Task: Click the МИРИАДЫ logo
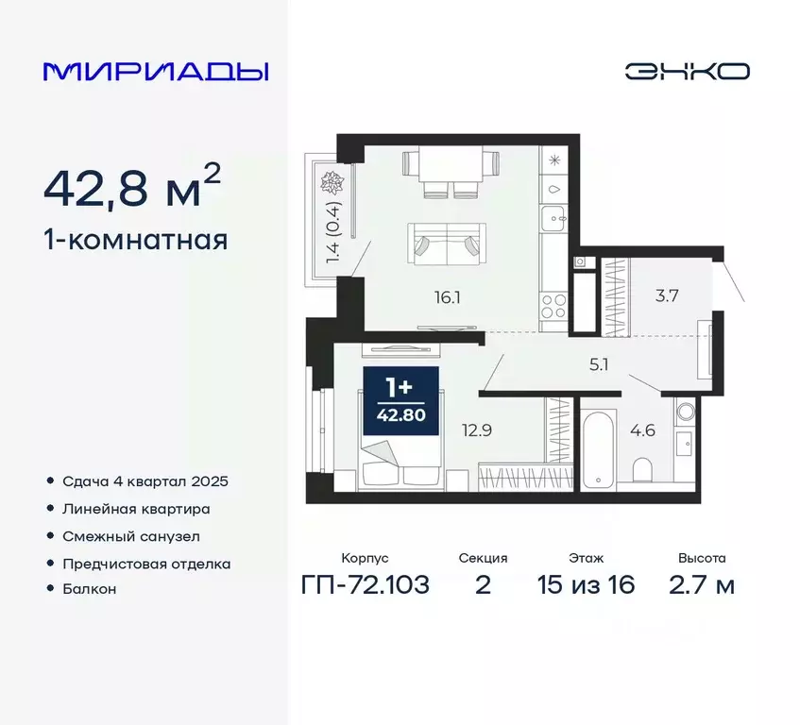pos(156,72)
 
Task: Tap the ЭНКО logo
pos(687,72)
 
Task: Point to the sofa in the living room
pos(447,242)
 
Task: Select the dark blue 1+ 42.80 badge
pos(401,401)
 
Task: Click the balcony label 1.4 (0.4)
pos(332,231)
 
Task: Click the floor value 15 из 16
pos(586,585)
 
